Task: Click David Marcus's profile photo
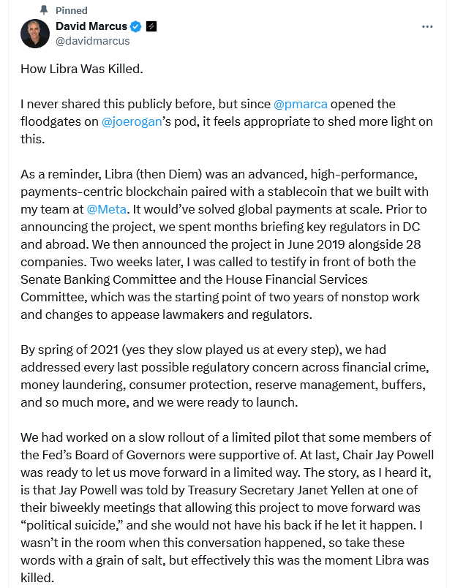[x=35, y=34]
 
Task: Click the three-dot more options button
[x=428, y=26]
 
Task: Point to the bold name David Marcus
[x=91, y=26]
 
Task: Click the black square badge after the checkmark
[x=152, y=26]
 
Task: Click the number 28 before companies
[x=413, y=244]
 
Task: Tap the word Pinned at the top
[x=72, y=10]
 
